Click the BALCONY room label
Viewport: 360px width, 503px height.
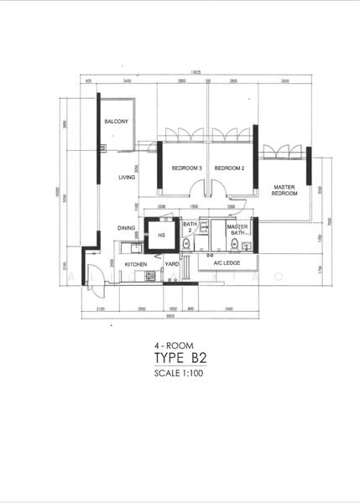pos(116,122)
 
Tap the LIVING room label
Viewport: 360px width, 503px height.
pos(127,177)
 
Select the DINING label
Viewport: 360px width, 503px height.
pos(126,227)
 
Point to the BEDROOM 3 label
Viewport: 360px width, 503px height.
pos(186,169)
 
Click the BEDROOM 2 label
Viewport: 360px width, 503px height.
pos(229,169)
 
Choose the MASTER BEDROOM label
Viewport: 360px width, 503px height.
pos(284,189)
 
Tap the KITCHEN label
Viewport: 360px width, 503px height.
pos(136,264)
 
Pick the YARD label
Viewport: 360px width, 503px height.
pos(171,264)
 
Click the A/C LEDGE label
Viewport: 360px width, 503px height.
pos(227,264)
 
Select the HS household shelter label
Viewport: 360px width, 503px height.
pos(161,236)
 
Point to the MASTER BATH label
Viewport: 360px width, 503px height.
pos(237,228)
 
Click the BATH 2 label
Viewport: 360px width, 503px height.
pos(190,226)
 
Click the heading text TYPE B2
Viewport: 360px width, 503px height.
pos(180,359)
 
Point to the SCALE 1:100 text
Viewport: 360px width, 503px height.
pos(180,374)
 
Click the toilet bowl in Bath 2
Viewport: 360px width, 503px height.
pos(186,244)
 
